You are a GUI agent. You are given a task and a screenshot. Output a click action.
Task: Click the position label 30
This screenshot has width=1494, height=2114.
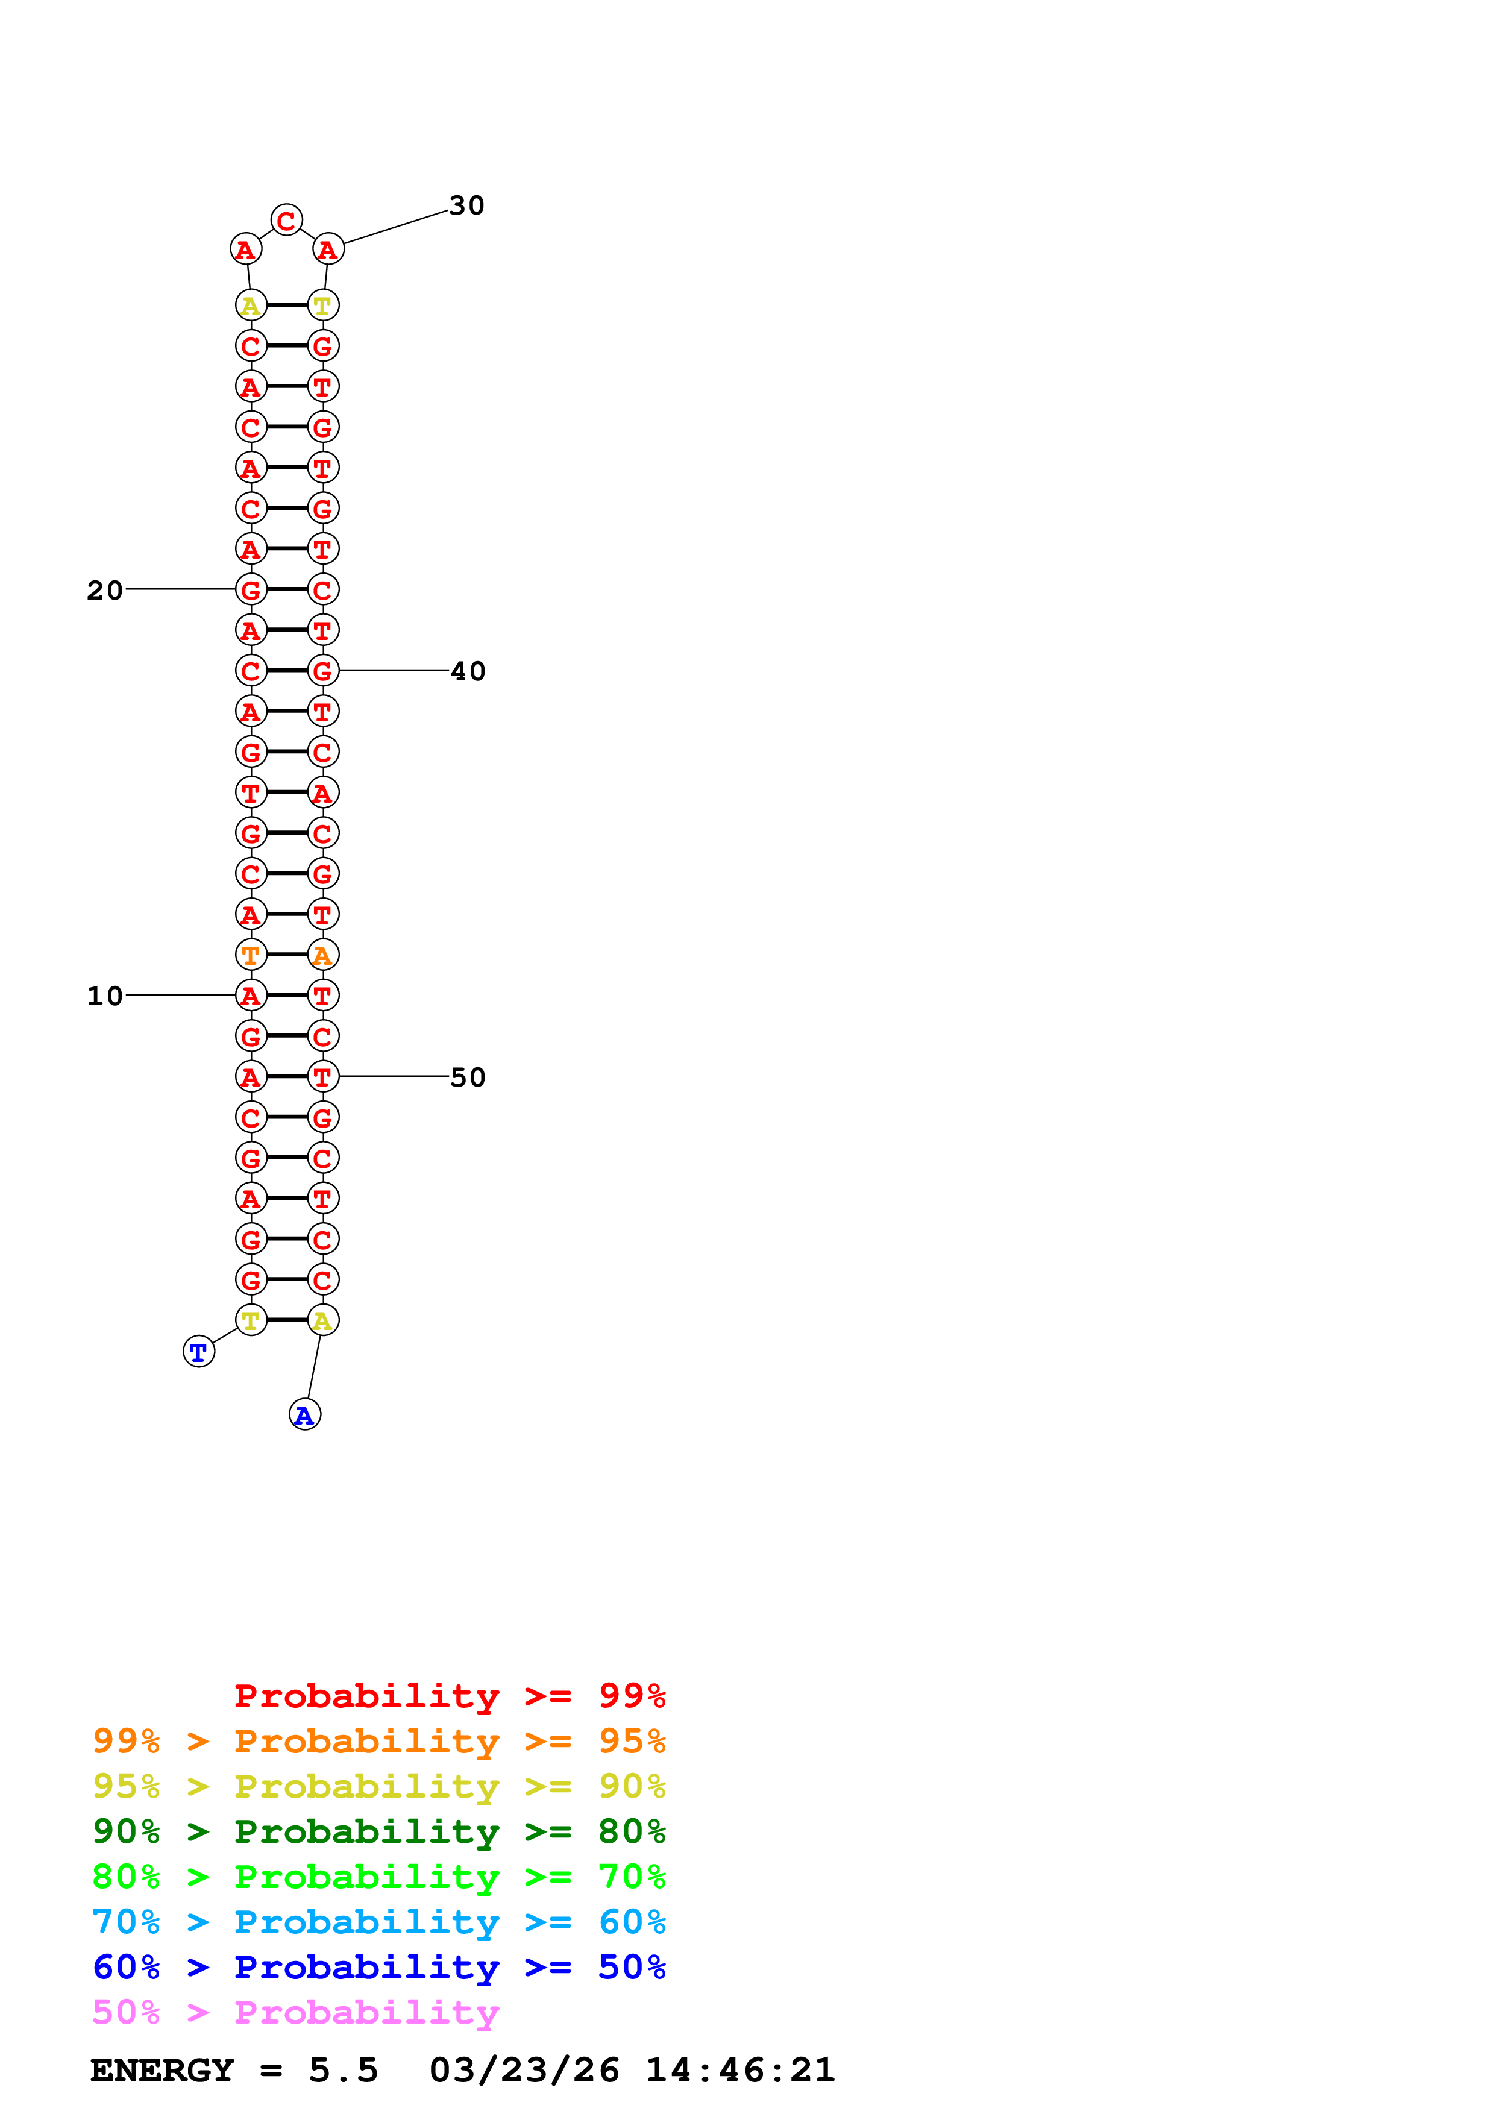pos(466,205)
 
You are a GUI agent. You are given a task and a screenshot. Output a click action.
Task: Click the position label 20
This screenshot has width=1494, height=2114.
pos(105,590)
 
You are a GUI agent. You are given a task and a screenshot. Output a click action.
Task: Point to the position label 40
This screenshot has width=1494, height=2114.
pos(468,671)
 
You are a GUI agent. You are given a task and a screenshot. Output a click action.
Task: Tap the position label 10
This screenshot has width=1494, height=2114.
pos(105,996)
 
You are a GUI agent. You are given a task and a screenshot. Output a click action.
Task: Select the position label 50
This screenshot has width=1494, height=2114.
pos(468,1077)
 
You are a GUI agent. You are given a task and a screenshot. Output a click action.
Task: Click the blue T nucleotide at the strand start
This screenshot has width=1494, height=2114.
pos(199,1352)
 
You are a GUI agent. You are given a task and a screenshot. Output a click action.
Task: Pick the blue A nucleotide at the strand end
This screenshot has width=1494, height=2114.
pos(305,1415)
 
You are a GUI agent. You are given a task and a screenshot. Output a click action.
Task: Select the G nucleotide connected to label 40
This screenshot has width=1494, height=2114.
pos(323,671)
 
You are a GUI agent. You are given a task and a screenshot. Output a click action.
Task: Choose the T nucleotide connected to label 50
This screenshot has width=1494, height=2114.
pos(323,1076)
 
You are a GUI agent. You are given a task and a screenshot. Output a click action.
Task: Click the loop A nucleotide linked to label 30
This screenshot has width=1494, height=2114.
pos(328,249)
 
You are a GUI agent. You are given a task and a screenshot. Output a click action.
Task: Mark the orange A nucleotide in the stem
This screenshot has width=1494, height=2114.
pos(323,955)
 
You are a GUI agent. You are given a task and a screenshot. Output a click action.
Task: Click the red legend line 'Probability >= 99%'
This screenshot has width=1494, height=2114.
pos(450,1696)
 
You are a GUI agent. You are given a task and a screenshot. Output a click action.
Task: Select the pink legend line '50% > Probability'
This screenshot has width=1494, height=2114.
pos(295,2013)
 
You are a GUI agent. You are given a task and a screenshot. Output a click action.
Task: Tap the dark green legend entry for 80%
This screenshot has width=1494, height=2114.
pos(379,1831)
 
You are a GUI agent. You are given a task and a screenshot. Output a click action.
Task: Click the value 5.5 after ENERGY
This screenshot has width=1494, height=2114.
pos(344,2071)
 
